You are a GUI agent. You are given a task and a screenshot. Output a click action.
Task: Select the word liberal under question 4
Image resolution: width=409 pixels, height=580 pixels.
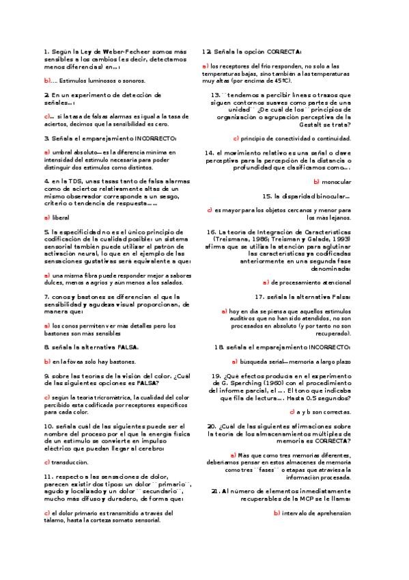click(61, 217)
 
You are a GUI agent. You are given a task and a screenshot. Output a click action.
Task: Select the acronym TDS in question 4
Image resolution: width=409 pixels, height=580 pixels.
click(74, 181)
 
